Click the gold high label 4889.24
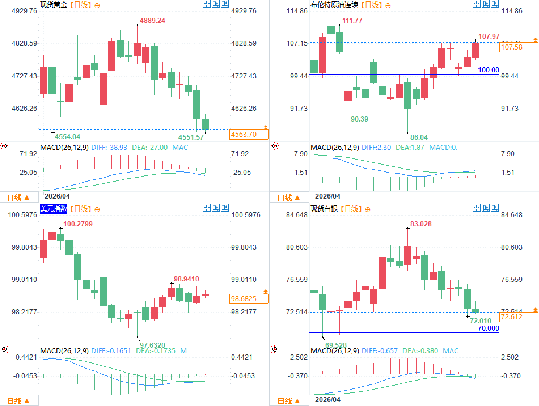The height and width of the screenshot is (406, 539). tap(152, 21)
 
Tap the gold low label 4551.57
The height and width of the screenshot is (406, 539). tap(191, 137)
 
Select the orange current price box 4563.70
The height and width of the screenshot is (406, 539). tap(248, 134)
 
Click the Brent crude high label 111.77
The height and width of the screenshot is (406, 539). tap(352, 21)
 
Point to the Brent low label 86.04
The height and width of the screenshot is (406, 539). tap(419, 137)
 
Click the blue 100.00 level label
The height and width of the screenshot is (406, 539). tap(488, 70)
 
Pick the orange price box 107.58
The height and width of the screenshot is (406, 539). tap(518, 47)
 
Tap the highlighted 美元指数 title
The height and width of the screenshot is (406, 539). tap(54, 209)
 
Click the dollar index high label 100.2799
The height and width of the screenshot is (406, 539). tap(78, 224)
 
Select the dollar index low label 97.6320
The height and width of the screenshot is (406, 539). tap(152, 345)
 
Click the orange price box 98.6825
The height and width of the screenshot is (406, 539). tap(248, 299)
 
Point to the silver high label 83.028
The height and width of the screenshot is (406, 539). tap(421, 224)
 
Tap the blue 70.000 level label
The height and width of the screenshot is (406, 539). tap(488, 328)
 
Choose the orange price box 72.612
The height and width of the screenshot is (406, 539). tap(518, 317)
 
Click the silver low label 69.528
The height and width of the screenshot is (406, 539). tap(336, 345)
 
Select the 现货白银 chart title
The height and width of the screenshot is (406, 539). tap(324, 209)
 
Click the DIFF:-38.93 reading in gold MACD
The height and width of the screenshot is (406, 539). tap(109, 148)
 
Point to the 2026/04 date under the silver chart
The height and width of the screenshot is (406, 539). tap(327, 399)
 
